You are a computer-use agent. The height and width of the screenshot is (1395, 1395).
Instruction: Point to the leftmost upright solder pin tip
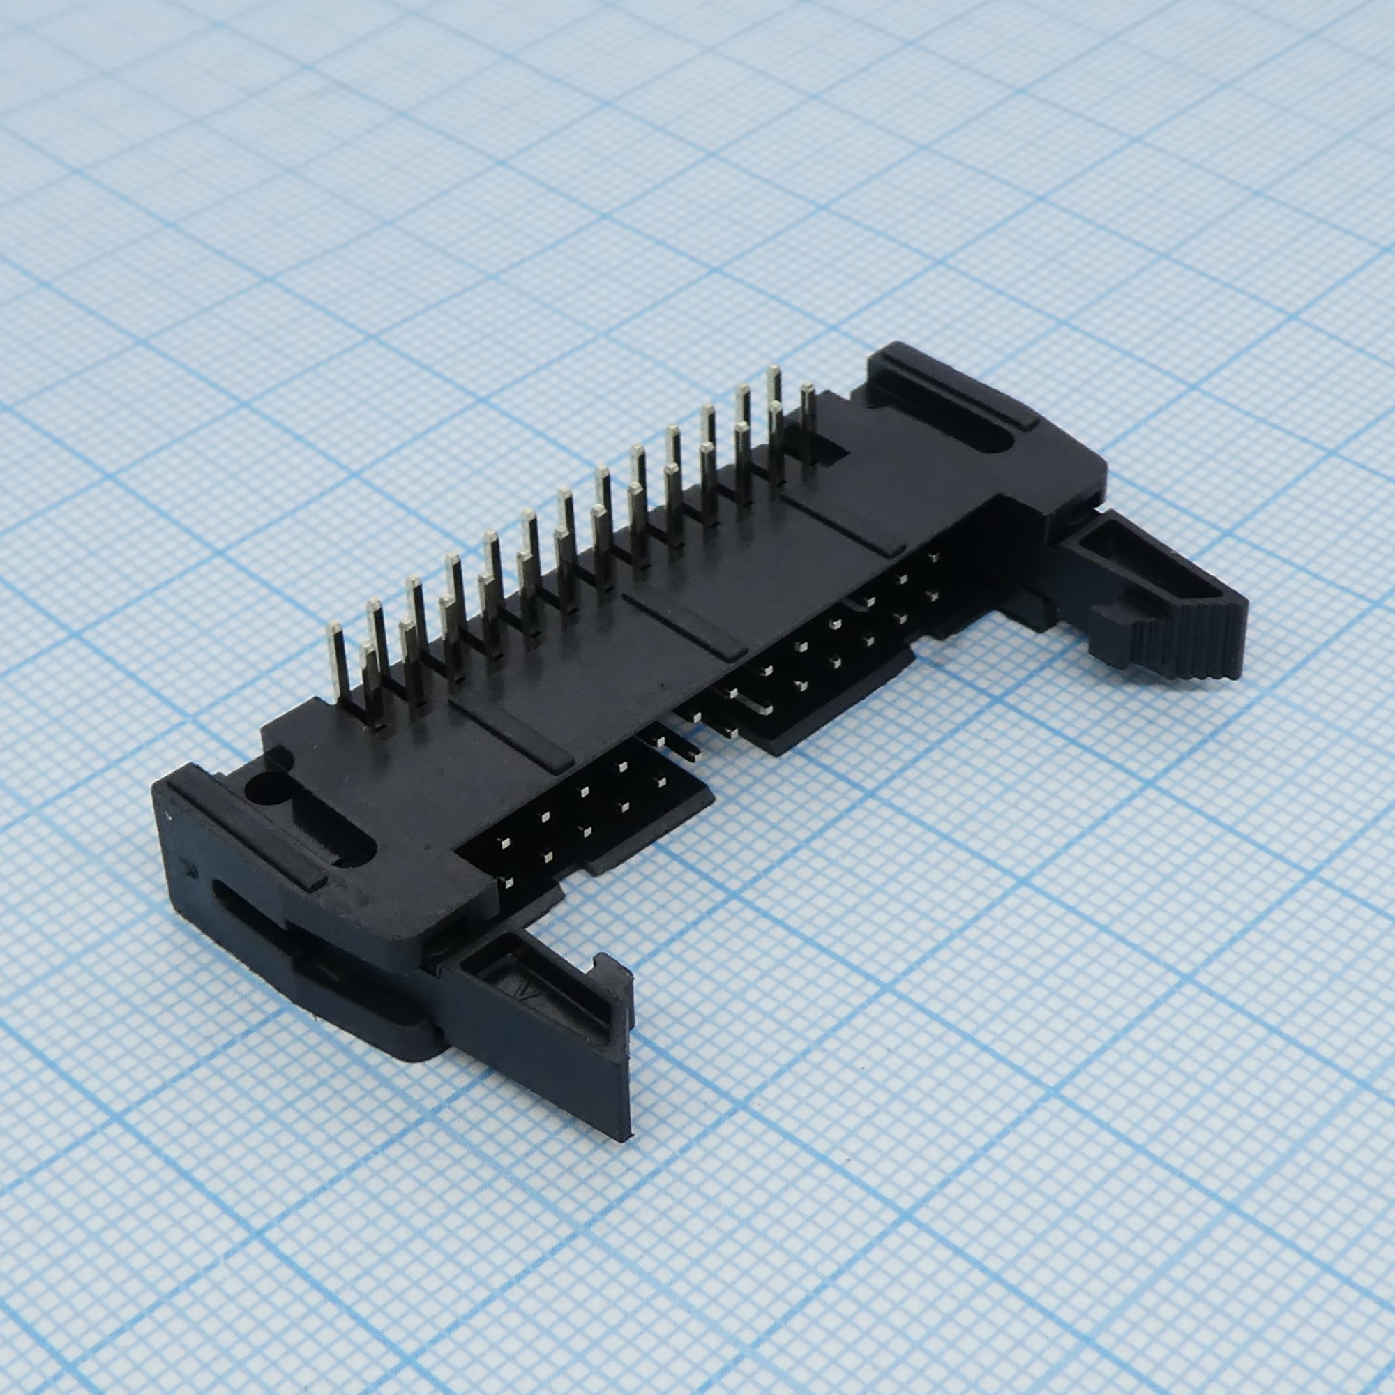[x=334, y=631]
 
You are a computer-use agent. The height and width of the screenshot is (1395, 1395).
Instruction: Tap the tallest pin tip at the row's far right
[x=774, y=373]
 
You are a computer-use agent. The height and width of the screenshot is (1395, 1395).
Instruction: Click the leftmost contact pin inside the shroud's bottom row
[x=507, y=881]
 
